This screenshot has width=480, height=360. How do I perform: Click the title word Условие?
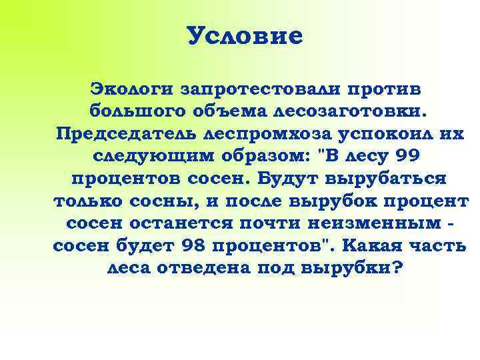coord(245,36)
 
